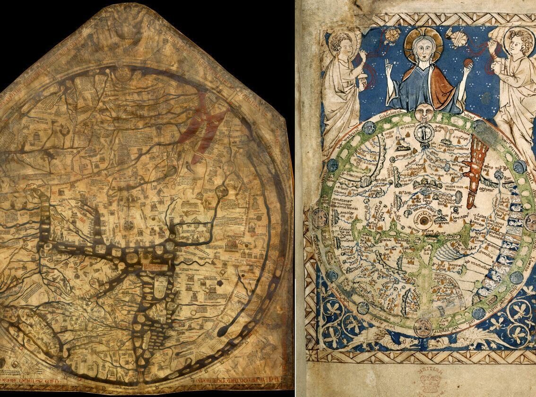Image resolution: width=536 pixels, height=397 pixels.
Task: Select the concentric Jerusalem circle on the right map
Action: pyautogui.click(x=422, y=220)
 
